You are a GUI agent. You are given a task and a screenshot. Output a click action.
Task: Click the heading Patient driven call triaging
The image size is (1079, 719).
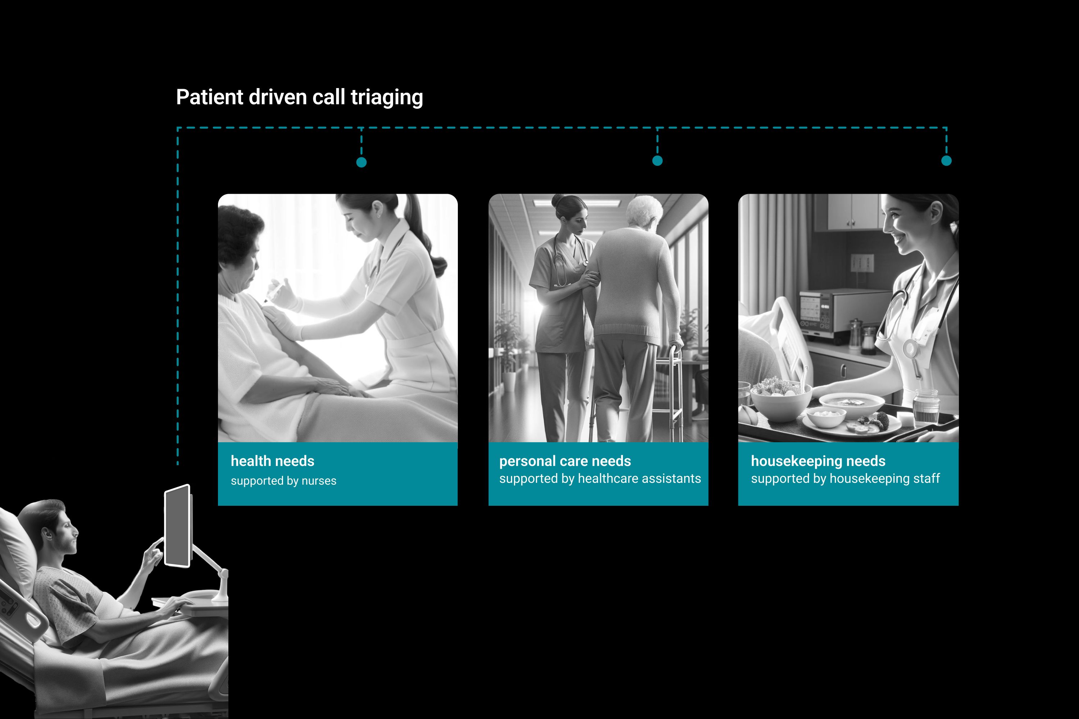click(x=300, y=97)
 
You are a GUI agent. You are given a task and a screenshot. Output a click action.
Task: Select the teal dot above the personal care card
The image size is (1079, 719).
click(x=657, y=160)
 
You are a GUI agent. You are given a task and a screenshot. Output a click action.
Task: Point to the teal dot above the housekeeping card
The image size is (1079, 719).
click(x=946, y=160)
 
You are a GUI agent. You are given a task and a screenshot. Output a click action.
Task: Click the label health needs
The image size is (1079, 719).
click(x=273, y=461)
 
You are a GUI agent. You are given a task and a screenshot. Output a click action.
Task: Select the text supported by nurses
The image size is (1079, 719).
click(x=283, y=481)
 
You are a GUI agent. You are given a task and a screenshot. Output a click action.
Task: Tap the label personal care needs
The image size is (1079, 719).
click(x=565, y=461)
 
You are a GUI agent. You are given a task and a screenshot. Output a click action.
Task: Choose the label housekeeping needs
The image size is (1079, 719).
click(x=818, y=461)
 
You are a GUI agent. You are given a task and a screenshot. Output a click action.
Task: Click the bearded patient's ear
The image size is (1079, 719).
click(x=46, y=533)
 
